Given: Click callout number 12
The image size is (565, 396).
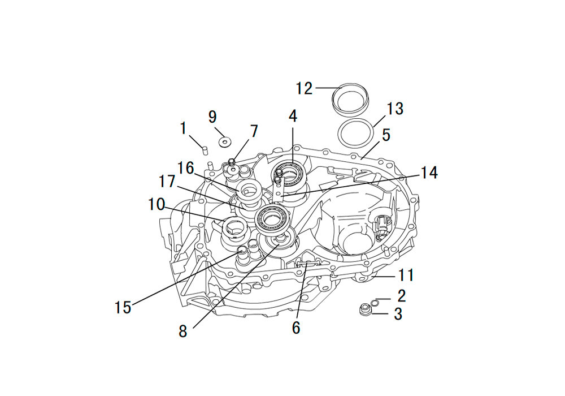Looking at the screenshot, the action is pos(304,88).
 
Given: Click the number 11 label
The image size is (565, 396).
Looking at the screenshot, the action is pos(406,275).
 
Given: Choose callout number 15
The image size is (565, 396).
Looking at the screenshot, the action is pos(123,307).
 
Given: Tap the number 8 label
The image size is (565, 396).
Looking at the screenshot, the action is pos(183,331).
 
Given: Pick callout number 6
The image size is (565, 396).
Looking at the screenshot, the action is pos(296,328).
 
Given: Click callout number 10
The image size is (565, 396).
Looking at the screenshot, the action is pos(157,204).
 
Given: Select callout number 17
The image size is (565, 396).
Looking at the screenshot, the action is pos(167,182).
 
